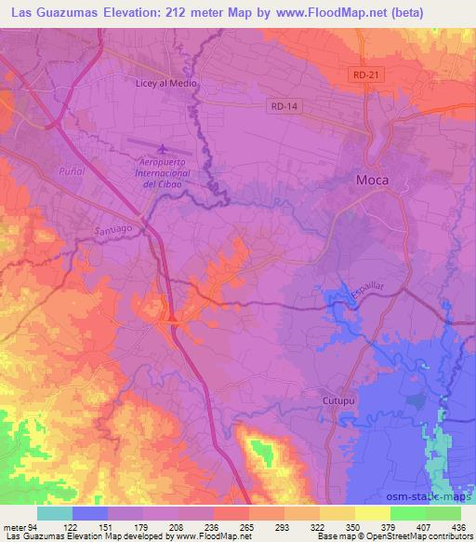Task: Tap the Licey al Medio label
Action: [x=168, y=82]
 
